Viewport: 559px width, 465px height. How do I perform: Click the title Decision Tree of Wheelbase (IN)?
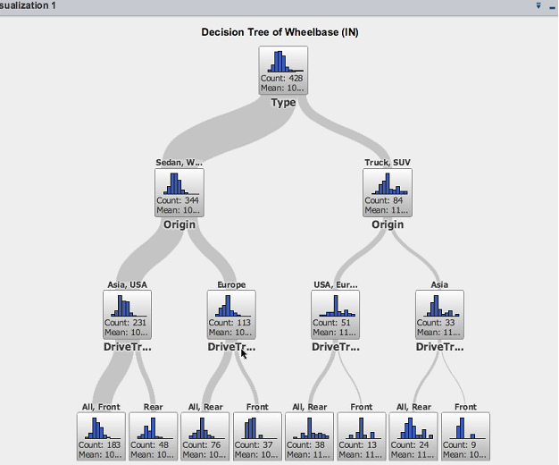pyautogui.click(x=280, y=32)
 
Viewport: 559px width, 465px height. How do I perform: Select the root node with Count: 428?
pyautogui.click(x=283, y=71)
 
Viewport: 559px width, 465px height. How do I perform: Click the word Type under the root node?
pyautogui.click(x=283, y=103)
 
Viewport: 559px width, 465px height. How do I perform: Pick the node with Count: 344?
pyautogui.click(x=179, y=192)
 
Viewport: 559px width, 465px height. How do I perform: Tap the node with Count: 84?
pyautogui.click(x=388, y=192)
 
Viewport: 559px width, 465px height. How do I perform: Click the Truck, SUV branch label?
pyautogui.click(x=388, y=163)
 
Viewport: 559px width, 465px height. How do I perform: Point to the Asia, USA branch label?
pyautogui.click(x=127, y=285)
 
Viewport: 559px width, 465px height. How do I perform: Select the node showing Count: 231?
pyautogui.click(x=127, y=314)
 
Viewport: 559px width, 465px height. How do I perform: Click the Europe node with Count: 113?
pyautogui.click(x=231, y=314)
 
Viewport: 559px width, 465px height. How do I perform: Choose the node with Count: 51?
pyautogui.click(x=336, y=314)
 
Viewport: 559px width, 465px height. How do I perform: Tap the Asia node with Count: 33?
pyautogui.click(x=440, y=314)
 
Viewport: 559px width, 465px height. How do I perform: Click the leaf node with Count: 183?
pyautogui.click(x=101, y=435)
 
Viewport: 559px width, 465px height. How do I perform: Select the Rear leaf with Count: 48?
pyautogui.click(x=153, y=435)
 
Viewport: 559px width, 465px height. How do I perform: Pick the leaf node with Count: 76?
pyautogui.click(x=205, y=435)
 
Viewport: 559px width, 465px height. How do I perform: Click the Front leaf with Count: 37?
pyautogui.click(x=257, y=435)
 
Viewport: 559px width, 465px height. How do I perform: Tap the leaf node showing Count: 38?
pyautogui.click(x=310, y=435)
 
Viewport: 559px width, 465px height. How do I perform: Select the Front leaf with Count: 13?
pyautogui.click(x=362, y=435)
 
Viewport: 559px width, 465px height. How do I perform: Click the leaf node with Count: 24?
pyautogui.click(x=413, y=435)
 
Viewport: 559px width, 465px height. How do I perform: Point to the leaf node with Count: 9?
pyautogui.click(x=466, y=435)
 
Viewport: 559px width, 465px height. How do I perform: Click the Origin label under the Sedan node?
pyautogui.click(x=179, y=224)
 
